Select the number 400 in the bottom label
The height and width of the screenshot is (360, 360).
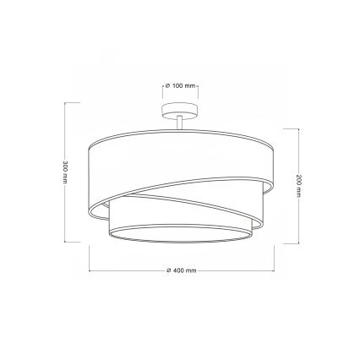tap(178, 270)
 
